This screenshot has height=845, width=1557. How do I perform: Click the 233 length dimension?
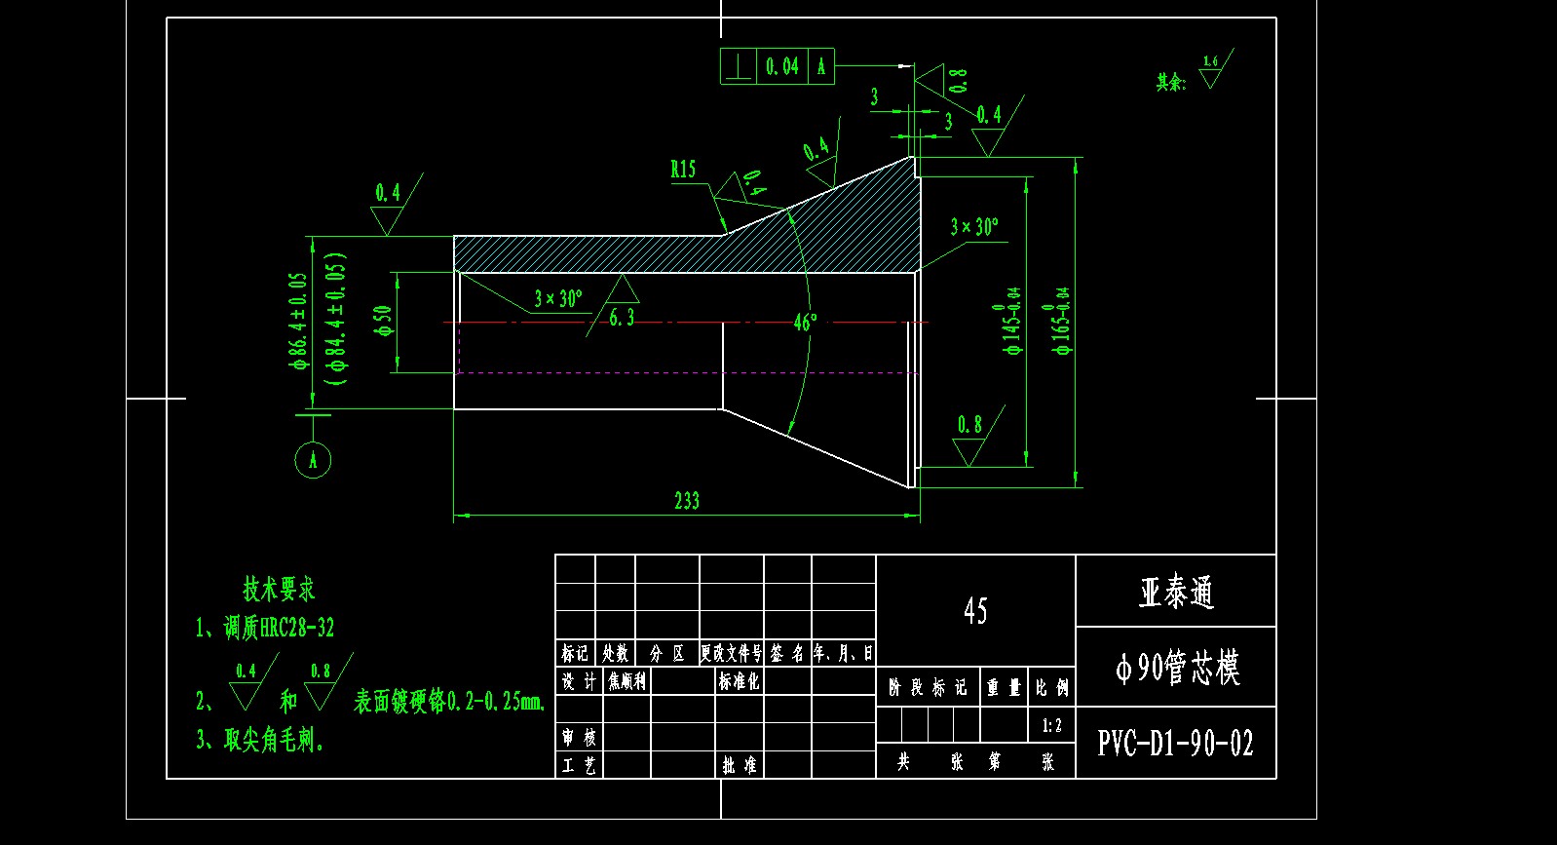click(x=687, y=501)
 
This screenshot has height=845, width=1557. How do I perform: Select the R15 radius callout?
click(x=683, y=170)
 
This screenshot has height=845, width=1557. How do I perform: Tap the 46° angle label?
click(x=805, y=323)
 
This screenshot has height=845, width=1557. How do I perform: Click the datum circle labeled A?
click(x=313, y=460)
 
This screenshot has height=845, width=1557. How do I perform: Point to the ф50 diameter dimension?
click(x=383, y=322)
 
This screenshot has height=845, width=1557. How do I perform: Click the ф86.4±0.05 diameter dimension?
click(x=298, y=321)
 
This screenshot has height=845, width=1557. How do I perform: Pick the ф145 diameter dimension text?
click(x=1012, y=321)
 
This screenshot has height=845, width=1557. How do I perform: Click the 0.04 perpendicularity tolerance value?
click(x=781, y=66)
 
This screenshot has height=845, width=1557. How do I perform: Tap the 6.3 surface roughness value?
click(x=622, y=318)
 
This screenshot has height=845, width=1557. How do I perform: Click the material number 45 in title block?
click(x=975, y=611)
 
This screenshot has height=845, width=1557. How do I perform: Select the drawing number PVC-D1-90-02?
click(x=1175, y=744)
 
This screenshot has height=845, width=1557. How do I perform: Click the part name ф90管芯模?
click(x=1177, y=669)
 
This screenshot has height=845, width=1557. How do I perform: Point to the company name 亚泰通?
click(x=1176, y=593)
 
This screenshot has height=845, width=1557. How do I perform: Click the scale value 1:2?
click(x=1051, y=725)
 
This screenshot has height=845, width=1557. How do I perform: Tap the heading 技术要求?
click(x=279, y=589)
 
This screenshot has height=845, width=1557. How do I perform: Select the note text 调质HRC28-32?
click(x=279, y=628)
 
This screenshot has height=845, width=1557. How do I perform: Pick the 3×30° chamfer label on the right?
click(x=973, y=227)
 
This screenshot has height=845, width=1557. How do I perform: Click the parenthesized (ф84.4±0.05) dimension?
click(x=338, y=321)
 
